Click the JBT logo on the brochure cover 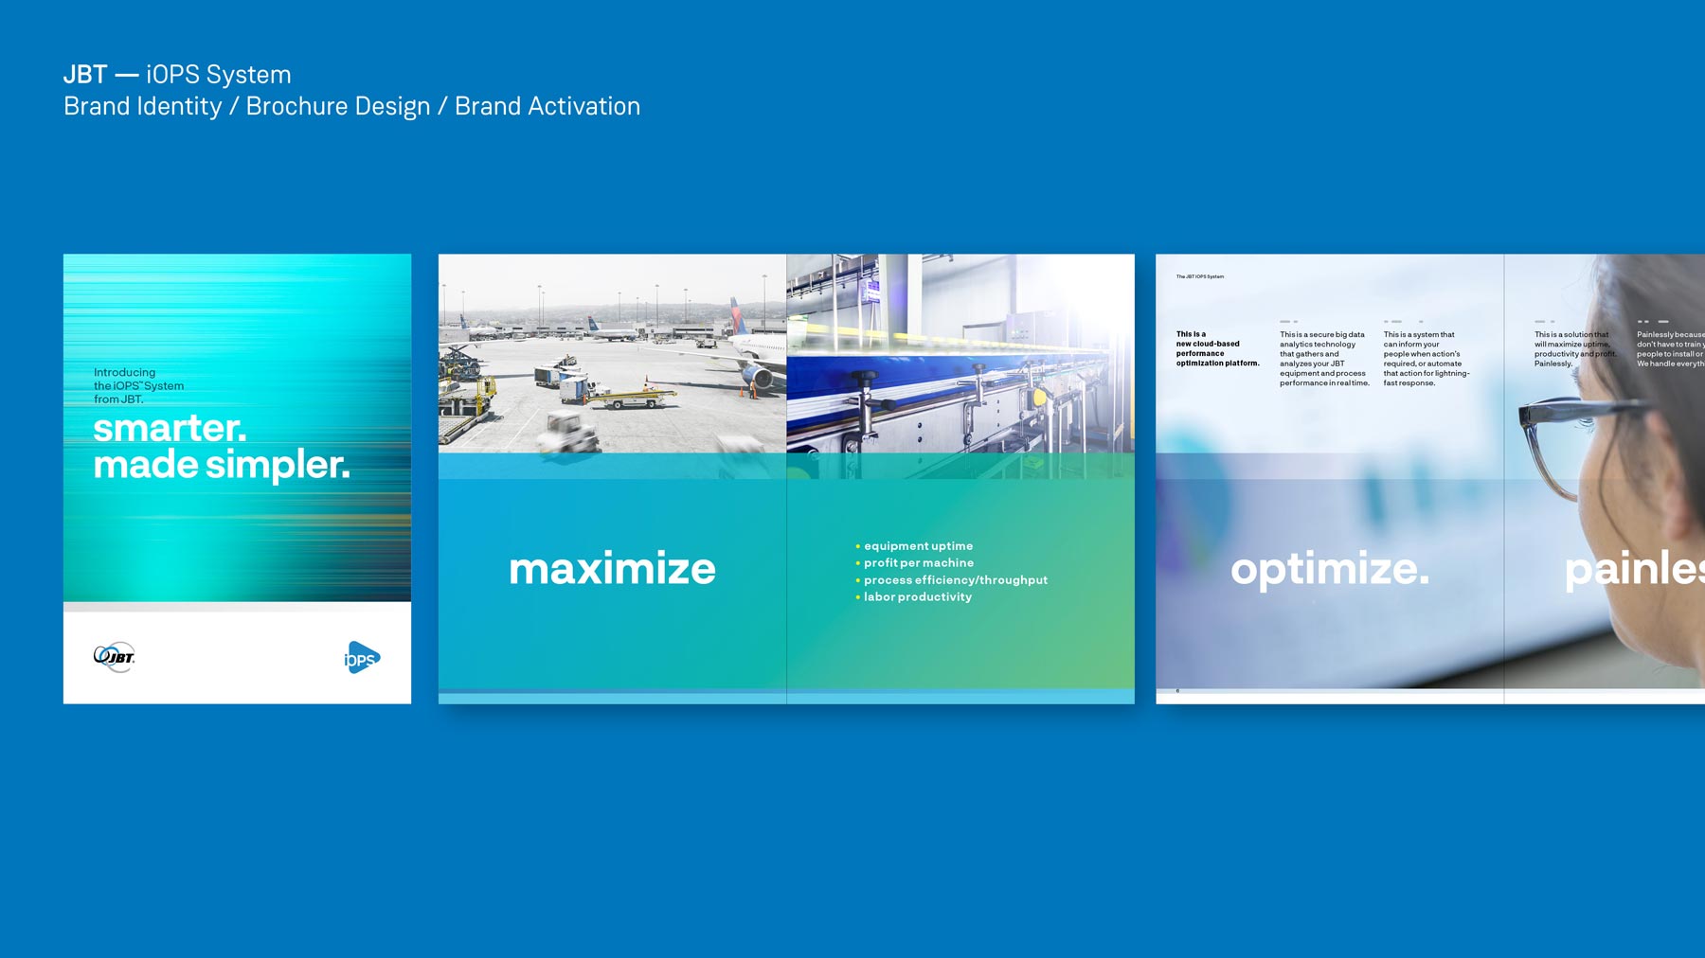[115, 656]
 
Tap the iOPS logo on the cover [361, 658]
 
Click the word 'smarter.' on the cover [170, 429]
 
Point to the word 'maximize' [612, 569]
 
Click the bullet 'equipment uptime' [917, 546]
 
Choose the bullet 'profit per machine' [917, 563]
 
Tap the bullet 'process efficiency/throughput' [954, 580]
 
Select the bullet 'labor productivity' [916, 597]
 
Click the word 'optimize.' [1329, 569]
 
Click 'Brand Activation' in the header [547, 107]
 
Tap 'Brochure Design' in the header [337, 107]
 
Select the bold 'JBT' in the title [85, 75]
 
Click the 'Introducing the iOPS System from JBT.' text [138, 386]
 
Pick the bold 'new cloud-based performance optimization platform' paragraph [1217, 348]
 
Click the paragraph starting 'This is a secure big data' [1323, 359]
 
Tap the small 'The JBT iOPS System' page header [1199, 276]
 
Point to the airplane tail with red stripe [736, 316]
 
